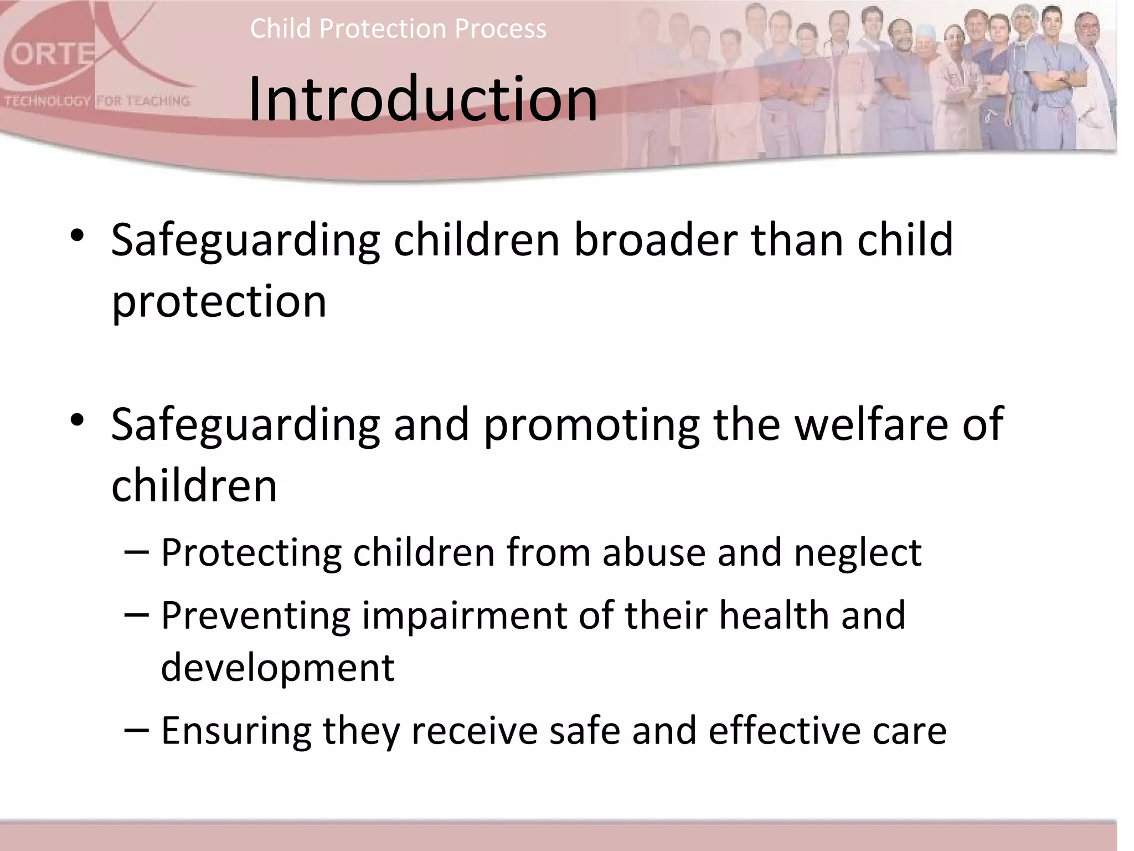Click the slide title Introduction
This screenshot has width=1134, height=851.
pos(422,100)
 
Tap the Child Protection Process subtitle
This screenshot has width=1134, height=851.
pos(398,28)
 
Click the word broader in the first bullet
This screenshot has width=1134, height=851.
pos(655,239)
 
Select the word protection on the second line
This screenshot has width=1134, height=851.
pos(219,301)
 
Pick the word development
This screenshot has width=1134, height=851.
pos(277,668)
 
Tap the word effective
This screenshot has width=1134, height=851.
pos(784,730)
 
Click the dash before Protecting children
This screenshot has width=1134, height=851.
pos(136,552)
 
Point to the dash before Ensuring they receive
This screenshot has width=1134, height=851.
pos(136,730)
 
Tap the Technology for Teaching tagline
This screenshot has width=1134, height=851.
pos(97,101)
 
